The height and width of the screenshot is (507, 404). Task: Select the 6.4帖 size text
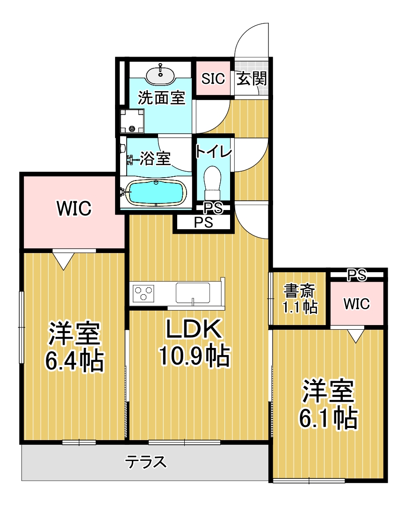pos(74,359)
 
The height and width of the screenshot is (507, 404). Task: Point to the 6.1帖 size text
pos(328,418)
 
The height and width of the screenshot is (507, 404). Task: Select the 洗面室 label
pos(161,98)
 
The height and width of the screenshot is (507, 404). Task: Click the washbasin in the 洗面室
pos(161,74)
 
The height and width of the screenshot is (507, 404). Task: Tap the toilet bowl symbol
pos(213,182)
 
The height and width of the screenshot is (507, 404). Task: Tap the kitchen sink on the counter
pos(193,293)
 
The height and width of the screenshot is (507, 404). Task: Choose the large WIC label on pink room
pos(73,209)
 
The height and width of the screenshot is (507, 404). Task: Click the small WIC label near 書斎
pos(357,304)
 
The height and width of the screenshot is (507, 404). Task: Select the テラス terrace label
pos(146,462)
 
